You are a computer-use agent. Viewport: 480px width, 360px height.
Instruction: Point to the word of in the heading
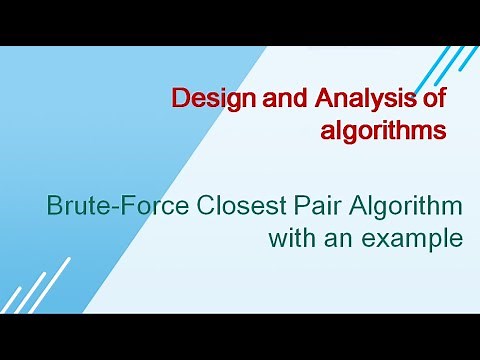[434, 99]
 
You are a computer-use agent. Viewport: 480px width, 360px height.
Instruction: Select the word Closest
[237, 208]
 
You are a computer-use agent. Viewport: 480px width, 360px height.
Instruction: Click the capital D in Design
[180, 99]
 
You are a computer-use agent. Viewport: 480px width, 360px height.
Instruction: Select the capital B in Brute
[56, 208]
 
